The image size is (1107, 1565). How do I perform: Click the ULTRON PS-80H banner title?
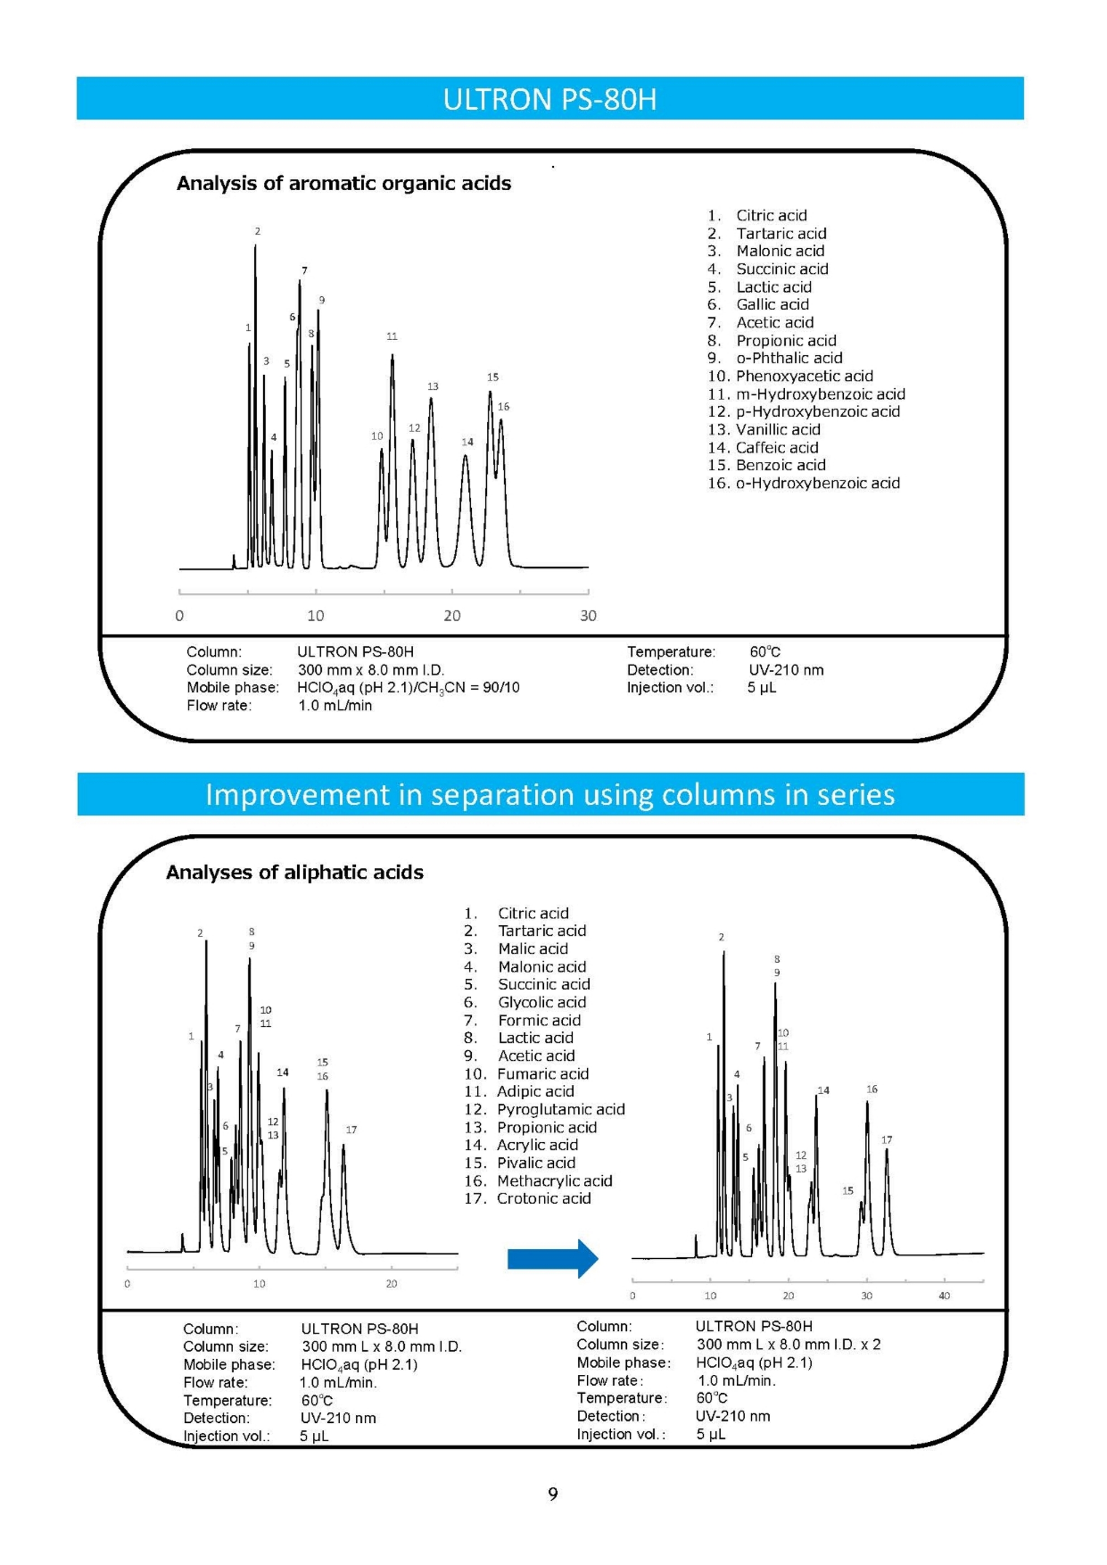coord(549,99)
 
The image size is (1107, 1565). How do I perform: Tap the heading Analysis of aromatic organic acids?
coord(344,183)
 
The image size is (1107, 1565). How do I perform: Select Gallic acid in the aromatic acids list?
coord(772,305)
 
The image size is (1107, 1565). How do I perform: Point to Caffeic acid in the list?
coord(776,448)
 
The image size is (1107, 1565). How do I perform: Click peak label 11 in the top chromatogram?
coord(392,336)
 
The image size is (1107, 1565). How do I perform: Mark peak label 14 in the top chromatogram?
coord(467,442)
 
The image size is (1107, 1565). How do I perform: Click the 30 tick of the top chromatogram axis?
coord(588,616)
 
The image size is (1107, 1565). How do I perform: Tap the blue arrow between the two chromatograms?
coord(552,1258)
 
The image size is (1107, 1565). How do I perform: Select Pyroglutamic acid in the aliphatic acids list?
coord(560,1109)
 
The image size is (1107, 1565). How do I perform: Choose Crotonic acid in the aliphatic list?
coord(543,1198)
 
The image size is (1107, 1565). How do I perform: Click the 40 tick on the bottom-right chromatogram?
coord(944,1295)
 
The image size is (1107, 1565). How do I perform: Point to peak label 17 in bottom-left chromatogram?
coord(351,1129)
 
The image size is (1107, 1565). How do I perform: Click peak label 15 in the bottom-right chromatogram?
coord(847,1191)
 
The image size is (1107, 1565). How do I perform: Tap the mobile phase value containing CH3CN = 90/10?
coord(408,688)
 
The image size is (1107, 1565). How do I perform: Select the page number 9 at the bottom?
coord(553,1494)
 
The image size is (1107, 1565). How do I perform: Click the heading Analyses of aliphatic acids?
coord(294,872)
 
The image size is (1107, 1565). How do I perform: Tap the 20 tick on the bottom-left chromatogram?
coord(391,1283)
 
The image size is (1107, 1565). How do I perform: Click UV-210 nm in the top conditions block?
coord(786,670)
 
